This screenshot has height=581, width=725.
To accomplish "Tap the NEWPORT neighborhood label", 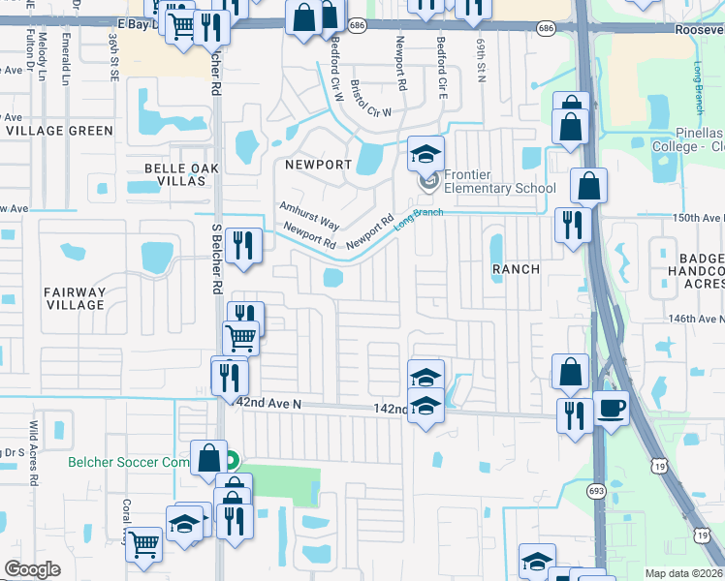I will [317, 165].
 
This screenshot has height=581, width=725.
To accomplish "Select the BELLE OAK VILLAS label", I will [182, 174].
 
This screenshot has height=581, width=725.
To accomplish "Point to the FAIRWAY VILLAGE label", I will [74, 298].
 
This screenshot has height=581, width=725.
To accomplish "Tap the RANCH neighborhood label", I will [515, 268].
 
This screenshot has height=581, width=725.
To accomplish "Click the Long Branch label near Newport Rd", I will [419, 218].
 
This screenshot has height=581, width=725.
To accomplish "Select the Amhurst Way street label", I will [308, 213].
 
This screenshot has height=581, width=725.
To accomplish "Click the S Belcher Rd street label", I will [216, 259].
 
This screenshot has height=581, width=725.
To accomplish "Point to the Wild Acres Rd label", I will [33, 452].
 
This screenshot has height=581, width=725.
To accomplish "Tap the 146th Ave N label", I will [695, 319].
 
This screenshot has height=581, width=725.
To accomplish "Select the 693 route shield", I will [594, 492].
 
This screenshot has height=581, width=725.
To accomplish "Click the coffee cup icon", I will [611, 408].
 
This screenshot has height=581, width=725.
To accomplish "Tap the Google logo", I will [33, 568].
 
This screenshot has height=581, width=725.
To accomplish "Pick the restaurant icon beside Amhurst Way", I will [244, 245].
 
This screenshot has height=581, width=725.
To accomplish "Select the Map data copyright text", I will [684, 572].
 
